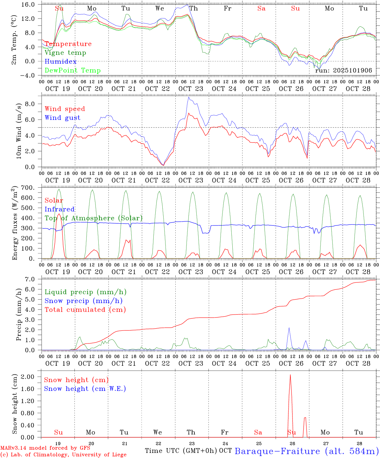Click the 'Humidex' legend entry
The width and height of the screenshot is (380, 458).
pyautogui.click(x=60, y=62)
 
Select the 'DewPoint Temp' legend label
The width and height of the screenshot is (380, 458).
pyautogui.click(x=73, y=71)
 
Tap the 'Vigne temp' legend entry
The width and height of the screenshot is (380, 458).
pyautogui.click(x=65, y=53)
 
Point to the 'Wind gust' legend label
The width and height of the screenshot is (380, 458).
pyautogui.click(x=62, y=118)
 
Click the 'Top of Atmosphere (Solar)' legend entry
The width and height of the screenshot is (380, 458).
pyautogui.click(x=94, y=218)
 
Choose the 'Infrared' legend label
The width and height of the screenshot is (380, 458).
pyautogui.click(x=60, y=209)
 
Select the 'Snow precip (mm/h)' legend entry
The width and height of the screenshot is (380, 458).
pyautogui.click(x=83, y=301)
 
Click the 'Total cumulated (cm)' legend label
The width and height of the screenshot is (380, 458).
pyautogui.click(x=85, y=310)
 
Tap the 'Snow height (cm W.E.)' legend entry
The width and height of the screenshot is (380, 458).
pyautogui.click(x=85, y=389)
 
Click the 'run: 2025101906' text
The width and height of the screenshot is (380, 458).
pyautogui.click(x=343, y=71)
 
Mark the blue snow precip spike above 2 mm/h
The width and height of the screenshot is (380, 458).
pyautogui.click(x=289, y=328)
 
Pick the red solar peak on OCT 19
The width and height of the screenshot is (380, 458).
pyautogui.click(x=59, y=214)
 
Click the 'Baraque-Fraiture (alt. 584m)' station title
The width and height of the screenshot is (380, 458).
pyautogui.click(x=306, y=451)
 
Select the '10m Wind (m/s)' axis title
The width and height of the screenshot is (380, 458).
pyautogui.click(x=18, y=131)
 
